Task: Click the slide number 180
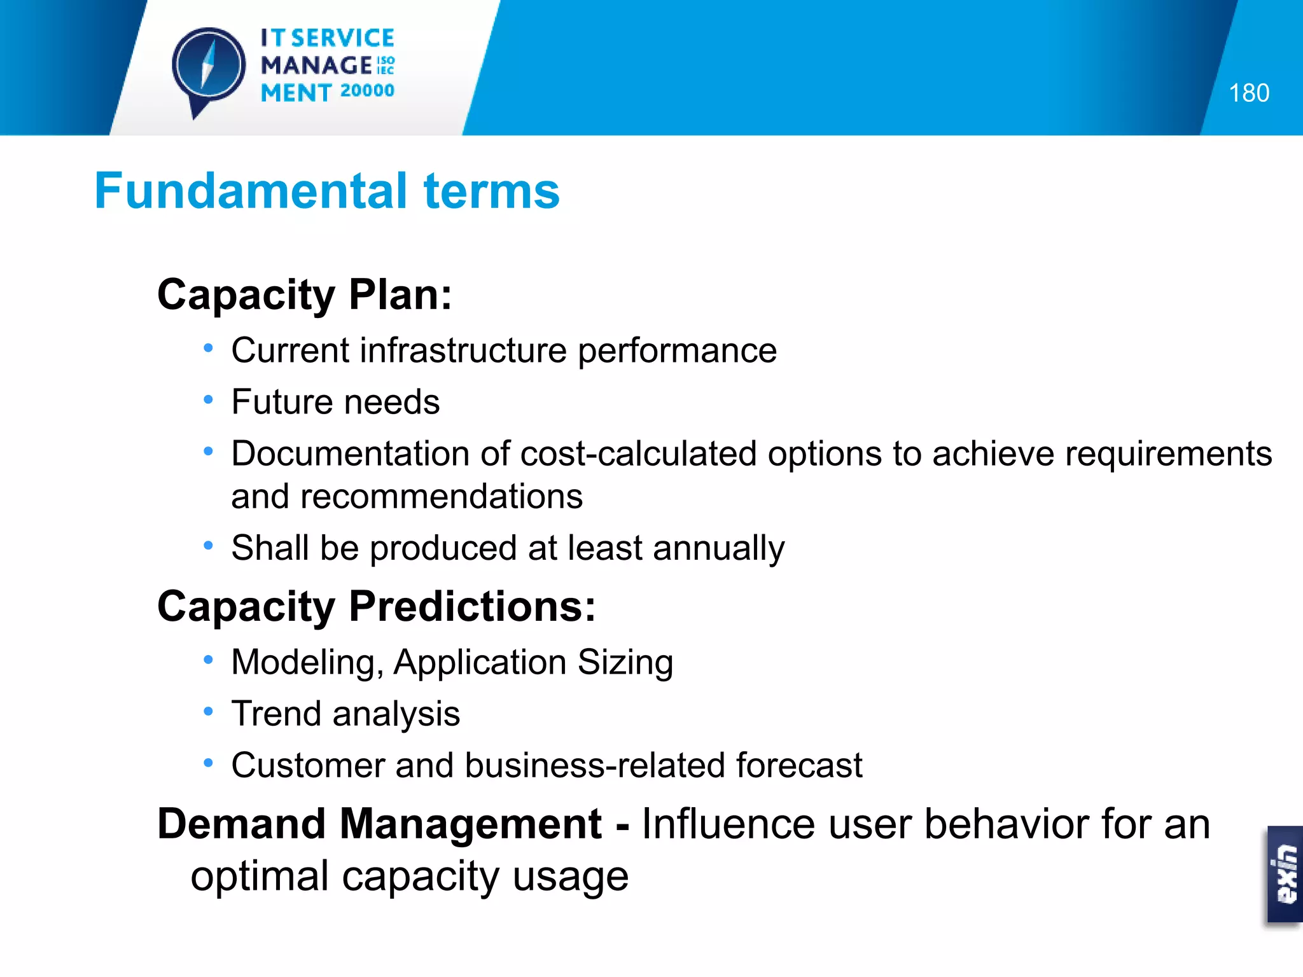pyautogui.click(x=1248, y=94)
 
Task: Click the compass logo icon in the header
pyautogui.click(x=208, y=67)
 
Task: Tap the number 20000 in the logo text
pyautogui.click(x=367, y=91)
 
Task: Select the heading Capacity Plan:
pyautogui.click(x=305, y=295)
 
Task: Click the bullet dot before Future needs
pyautogui.click(x=208, y=400)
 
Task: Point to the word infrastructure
pyautogui.click(x=463, y=350)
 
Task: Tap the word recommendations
pyautogui.click(x=441, y=497)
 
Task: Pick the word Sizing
pyautogui.click(x=625, y=662)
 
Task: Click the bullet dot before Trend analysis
pyautogui.click(x=208, y=712)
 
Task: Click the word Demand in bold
pyautogui.click(x=241, y=824)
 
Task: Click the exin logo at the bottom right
pyautogui.click(x=1285, y=874)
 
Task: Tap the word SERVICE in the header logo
pyautogui.click(x=342, y=39)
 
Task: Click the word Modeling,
pyautogui.click(x=307, y=663)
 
